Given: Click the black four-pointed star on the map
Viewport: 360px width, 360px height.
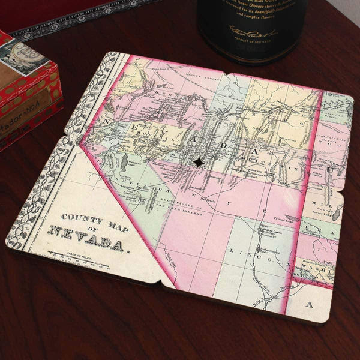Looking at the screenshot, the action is tap(197, 162).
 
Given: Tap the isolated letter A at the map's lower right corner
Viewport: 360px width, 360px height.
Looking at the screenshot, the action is tap(310, 305).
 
